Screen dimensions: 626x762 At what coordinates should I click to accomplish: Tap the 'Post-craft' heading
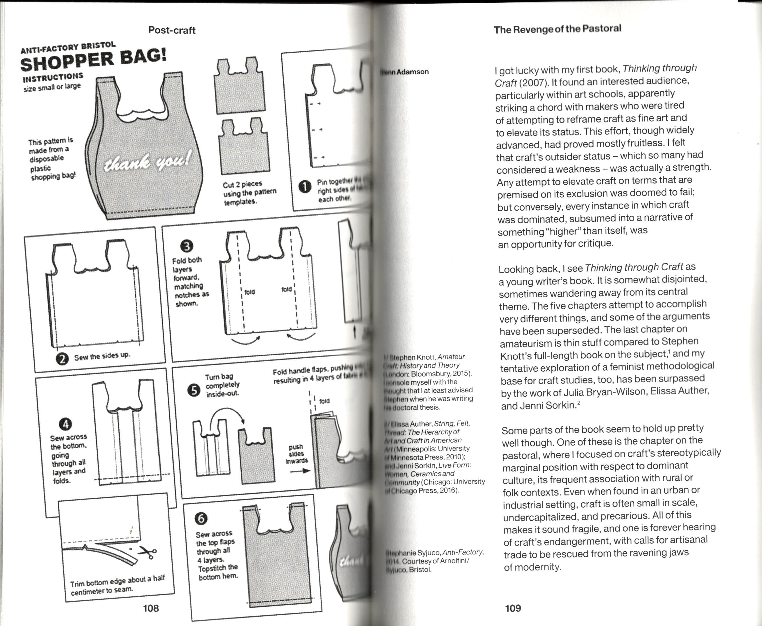click(172, 30)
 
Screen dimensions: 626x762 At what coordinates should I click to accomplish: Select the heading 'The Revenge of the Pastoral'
click(557, 29)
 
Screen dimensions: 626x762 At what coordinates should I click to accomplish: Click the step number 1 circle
click(305, 187)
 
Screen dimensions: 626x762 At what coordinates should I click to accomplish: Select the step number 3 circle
click(187, 246)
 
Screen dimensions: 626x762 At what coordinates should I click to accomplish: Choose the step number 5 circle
click(194, 390)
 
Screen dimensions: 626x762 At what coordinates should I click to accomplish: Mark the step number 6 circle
click(201, 518)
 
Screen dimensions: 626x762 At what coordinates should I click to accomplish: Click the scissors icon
click(148, 552)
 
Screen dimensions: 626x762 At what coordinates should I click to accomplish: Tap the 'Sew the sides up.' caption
click(102, 356)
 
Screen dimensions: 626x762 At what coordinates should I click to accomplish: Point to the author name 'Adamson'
click(413, 72)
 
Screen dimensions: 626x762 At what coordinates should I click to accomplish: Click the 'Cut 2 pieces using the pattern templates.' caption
click(249, 193)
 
